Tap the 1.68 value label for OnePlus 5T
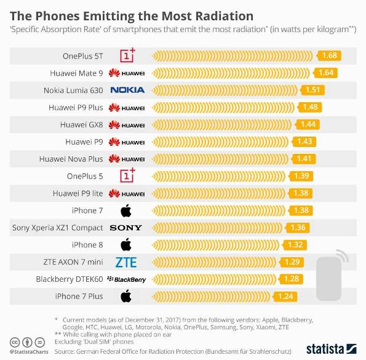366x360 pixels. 330,56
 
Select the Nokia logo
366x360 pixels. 127,90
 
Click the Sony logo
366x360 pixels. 126,228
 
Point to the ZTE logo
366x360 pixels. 126,262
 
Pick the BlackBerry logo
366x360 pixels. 126,279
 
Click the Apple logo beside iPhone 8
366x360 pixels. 126,245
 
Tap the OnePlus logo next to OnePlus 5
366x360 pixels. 126,176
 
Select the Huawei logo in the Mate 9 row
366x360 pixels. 126,73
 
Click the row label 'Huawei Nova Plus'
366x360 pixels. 71,159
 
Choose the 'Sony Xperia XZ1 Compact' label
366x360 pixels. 58,228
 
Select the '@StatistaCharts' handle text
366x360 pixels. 35,353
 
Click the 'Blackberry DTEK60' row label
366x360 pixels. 70,279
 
